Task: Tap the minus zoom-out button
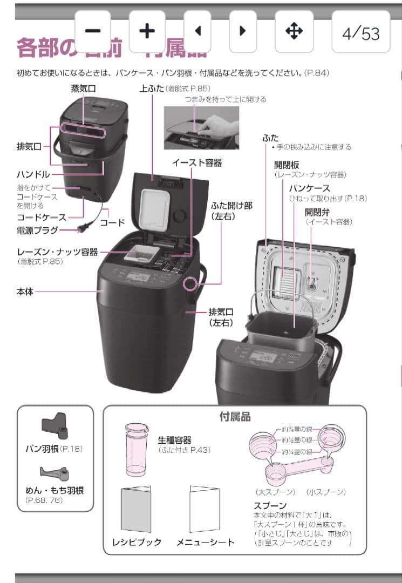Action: [92, 31]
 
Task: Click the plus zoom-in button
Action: [147, 31]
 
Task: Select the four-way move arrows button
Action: [294, 31]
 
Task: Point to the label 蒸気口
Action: [83, 89]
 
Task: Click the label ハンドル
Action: [33, 174]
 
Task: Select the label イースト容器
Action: [197, 162]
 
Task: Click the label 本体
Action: [25, 291]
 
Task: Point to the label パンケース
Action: [309, 188]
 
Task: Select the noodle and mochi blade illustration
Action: [54, 473]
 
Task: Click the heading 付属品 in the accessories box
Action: [235, 417]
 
